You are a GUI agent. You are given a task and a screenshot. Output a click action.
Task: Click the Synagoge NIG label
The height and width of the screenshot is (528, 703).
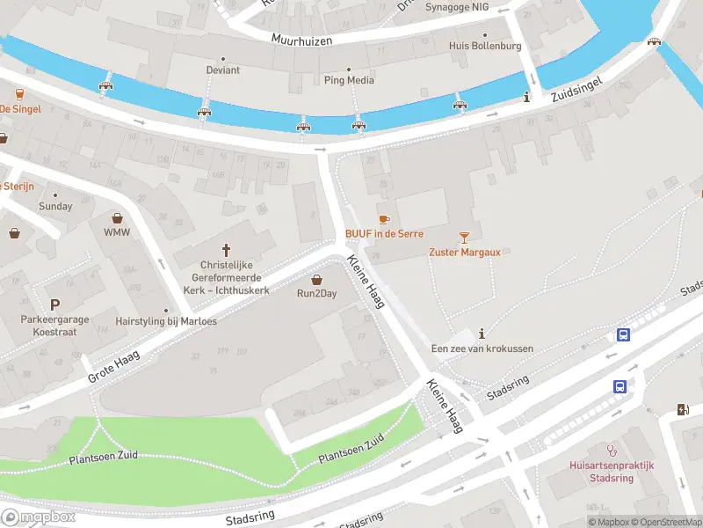[456, 7]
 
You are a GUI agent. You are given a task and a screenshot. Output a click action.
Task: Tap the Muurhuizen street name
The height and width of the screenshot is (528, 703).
[306, 40]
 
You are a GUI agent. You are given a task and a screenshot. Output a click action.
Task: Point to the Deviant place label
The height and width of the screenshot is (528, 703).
[223, 70]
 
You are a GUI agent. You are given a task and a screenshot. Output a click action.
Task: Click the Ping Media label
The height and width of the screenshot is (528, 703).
[349, 80]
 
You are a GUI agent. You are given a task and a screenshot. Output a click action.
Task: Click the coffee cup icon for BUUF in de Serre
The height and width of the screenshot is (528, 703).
[383, 219]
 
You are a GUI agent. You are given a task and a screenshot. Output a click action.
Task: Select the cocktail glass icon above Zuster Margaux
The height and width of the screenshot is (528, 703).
[464, 237]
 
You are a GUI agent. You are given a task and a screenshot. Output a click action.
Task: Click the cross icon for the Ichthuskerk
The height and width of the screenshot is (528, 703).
[226, 250]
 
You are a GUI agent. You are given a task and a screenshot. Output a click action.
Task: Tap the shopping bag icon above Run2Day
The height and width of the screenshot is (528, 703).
[316, 279]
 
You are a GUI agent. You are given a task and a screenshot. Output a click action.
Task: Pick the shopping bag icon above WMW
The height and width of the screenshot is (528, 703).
[116, 217]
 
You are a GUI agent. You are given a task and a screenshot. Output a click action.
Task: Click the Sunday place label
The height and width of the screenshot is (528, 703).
[55, 206]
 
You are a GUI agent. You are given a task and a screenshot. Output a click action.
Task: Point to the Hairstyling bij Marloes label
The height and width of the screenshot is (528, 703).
[166, 321]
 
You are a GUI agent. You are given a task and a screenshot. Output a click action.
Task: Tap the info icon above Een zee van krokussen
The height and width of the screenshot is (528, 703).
[482, 334]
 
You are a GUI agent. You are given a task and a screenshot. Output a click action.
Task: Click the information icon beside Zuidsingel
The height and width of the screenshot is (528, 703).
[526, 97]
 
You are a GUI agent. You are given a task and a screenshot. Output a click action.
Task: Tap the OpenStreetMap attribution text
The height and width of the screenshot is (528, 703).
[665, 522]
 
